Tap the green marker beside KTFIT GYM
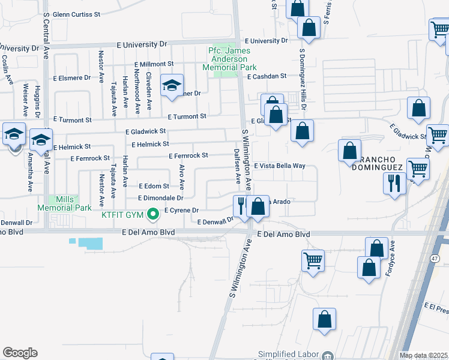coord(153,213)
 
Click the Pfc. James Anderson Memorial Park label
coord(228,59)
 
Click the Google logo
coord(20,353)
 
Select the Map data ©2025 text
coord(423,355)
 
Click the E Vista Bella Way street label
coord(280,166)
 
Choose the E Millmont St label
coord(154,64)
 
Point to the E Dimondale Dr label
coord(160,197)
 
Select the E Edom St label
coord(154,186)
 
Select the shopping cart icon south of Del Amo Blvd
coord(313,261)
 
